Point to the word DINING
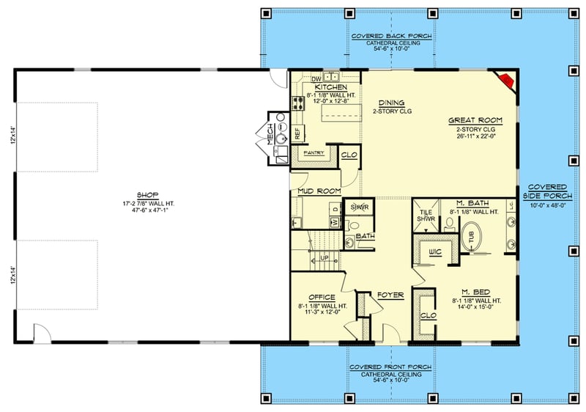tap(392, 103)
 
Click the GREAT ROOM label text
tap(471, 119)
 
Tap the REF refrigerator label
tap(297, 133)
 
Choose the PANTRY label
tap(314, 153)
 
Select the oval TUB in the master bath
tap(472, 237)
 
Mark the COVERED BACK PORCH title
tap(391, 36)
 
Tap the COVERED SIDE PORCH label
tap(546, 191)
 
